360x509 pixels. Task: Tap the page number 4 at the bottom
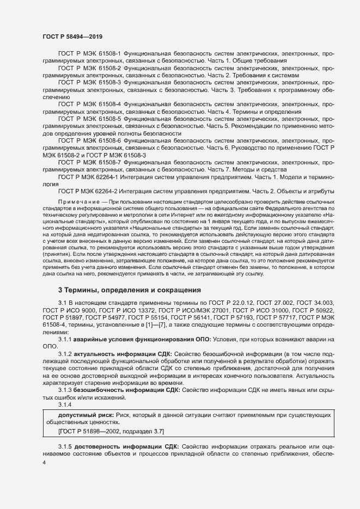44,462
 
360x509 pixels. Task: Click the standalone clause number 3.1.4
65,405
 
